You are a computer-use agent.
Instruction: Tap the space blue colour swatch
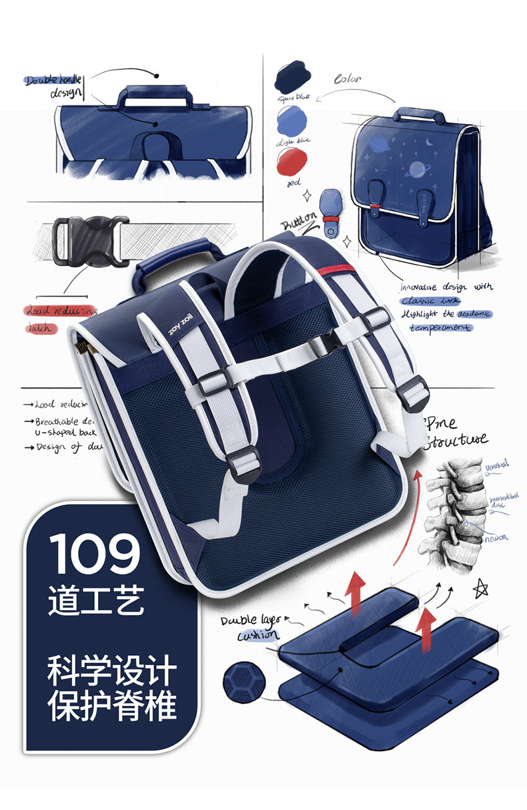(291, 75)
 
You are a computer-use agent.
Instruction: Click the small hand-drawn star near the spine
(480, 588)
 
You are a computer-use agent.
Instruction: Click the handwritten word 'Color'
(347, 79)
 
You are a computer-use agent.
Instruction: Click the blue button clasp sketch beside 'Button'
(330, 212)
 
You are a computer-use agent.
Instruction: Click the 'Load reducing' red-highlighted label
(60, 311)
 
